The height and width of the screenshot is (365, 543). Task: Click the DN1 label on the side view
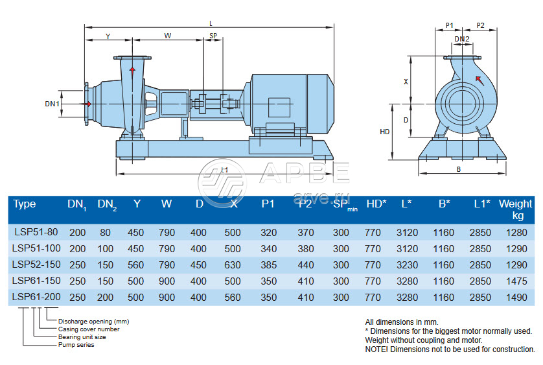click(x=52, y=104)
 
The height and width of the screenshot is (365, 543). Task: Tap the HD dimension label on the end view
click(x=384, y=132)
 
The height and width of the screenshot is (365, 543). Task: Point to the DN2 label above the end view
click(x=461, y=39)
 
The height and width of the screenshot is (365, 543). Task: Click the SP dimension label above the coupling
click(x=213, y=36)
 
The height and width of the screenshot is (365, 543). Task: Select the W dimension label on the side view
click(x=168, y=36)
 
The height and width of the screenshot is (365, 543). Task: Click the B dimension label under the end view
click(x=457, y=169)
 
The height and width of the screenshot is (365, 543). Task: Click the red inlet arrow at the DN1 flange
click(x=87, y=104)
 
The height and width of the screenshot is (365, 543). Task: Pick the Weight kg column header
click(x=516, y=209)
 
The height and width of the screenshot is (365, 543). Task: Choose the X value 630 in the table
click(x=233, y=265)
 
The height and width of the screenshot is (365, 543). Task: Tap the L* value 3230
click(x=406, y=265)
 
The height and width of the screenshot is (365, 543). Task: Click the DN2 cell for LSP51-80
click(x=106, y=232)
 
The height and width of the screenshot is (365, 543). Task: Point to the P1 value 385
click(x=268, y=265)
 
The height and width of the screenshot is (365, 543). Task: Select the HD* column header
click(x=376, y=204)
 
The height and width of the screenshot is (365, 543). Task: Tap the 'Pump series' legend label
click(x=77, y=345)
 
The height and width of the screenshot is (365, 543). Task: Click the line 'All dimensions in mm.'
click(x=402, y=322)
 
